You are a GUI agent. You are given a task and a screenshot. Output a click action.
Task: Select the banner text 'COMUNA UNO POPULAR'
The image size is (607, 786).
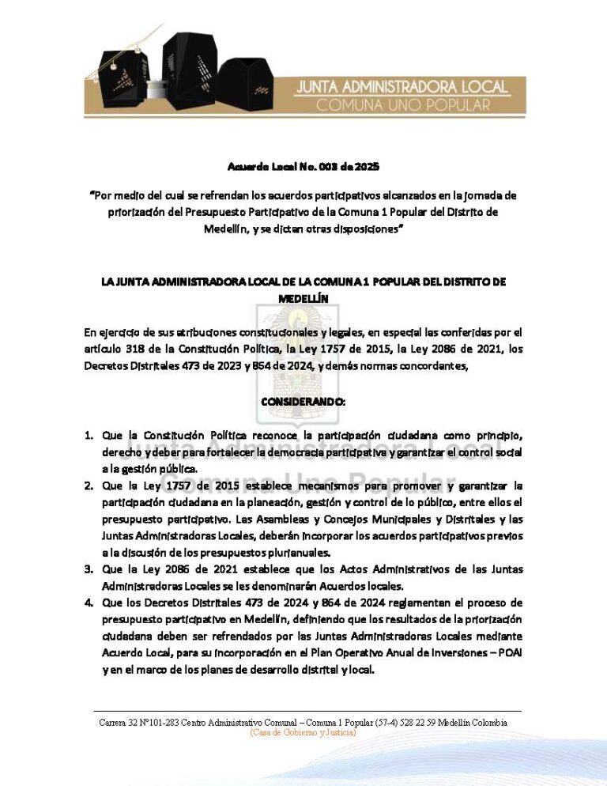(403, 104)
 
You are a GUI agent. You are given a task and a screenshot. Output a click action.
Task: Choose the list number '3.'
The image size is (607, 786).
(90, 569)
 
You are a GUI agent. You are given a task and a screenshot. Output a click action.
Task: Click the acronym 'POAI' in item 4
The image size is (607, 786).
(511, 654)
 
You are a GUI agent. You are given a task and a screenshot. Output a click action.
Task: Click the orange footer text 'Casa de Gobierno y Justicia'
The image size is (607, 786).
(303, 733)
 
